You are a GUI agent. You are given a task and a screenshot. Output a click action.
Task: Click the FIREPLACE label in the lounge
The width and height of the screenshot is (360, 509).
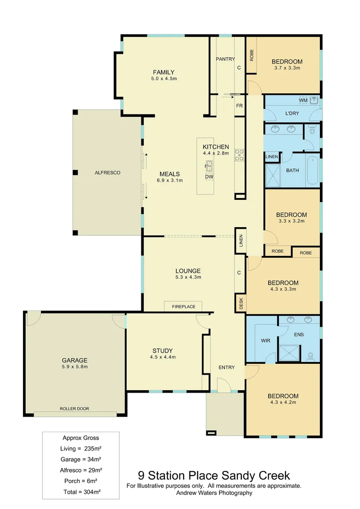tap(183, 307)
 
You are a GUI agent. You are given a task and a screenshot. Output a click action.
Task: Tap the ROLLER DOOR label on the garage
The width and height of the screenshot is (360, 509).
tap(74, 409)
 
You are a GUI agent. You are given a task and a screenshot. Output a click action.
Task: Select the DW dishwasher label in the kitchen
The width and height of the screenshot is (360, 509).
tap(209, 177)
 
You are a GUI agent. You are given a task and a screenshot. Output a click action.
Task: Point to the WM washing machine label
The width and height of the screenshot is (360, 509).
tap(303, 101)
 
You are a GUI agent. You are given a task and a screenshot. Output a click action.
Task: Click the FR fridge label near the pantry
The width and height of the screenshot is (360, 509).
tap(239, 106)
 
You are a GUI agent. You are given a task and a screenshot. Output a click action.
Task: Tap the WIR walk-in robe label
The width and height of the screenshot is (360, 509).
tap(265, 340)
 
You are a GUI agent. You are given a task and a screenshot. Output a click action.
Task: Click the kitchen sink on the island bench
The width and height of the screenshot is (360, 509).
tap(209, 164)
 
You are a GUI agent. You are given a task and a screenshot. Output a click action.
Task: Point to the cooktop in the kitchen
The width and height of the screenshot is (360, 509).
tap(239, 154)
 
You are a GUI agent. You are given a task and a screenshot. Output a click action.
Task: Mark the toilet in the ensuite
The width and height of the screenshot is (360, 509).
tap(311, 355)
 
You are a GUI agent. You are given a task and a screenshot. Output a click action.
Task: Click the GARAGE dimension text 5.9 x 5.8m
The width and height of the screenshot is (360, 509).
tap(75, 367)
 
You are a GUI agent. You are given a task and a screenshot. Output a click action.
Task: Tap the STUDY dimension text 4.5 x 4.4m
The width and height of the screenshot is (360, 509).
tap(163, 357)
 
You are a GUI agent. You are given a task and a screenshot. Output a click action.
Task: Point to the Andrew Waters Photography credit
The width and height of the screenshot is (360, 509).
tap(214, 493)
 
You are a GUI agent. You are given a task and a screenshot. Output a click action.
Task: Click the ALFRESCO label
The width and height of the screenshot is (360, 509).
tap(107, 173)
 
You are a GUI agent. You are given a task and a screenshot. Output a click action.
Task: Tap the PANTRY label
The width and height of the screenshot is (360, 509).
tap(225, 59)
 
